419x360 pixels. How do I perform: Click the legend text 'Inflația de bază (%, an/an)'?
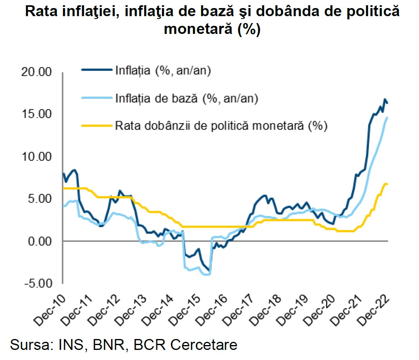click(x=187, y=98)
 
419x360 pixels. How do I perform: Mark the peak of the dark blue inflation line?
click(x=385, y=99)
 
